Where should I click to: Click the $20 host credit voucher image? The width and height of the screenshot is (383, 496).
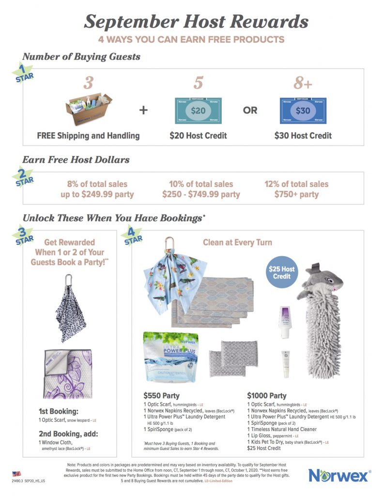[x=198, y=111]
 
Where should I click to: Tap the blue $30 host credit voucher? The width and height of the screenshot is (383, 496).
[x=303, y=111]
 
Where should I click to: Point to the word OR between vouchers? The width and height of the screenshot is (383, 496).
[x=250, y=110]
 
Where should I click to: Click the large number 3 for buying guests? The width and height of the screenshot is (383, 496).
[x=88, y=83]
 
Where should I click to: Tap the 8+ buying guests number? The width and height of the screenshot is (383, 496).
[x=303, y=83]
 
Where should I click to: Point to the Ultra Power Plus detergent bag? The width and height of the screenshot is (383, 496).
[x=171, y=358]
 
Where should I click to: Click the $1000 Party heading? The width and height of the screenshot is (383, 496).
[x=266, y=396]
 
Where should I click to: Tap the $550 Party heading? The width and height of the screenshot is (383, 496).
[x=161, y=395]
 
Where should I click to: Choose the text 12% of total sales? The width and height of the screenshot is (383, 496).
[x=296, y=184]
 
